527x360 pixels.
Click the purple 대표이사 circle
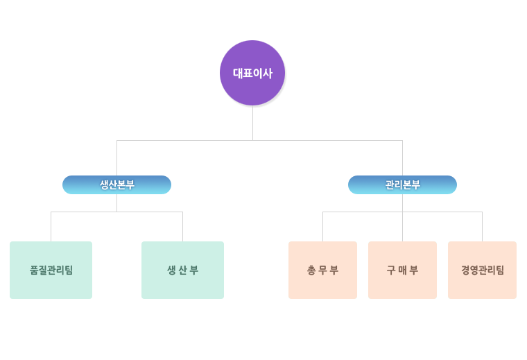tap(252, 73)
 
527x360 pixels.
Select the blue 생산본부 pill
tap(116, 185)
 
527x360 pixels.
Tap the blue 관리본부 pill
tap(402, 185)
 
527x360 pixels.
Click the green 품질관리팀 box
tap(51, 270)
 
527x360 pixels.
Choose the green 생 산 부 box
tap(182, 270)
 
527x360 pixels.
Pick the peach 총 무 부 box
tap(322, 270)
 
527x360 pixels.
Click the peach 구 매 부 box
tap(402, 270)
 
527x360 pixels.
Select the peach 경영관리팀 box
tap(483, 270)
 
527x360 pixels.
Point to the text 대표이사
tap(252, 74)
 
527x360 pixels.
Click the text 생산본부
tap(117, 185)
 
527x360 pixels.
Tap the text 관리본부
tap(403, 185)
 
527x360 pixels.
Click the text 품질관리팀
tap(51, 270)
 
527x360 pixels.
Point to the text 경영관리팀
tap(483, 270)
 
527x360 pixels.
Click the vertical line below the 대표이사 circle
tap(252, 123)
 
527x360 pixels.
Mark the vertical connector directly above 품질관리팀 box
tap(51, 227)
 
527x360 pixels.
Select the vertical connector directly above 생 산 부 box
tap(183, 227)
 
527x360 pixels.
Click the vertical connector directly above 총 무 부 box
tap(322, 227)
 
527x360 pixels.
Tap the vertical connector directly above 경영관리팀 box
tap(483, 227)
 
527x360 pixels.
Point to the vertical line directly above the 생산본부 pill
tap(117, 158)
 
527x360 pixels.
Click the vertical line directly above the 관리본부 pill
tap(403, 158)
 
